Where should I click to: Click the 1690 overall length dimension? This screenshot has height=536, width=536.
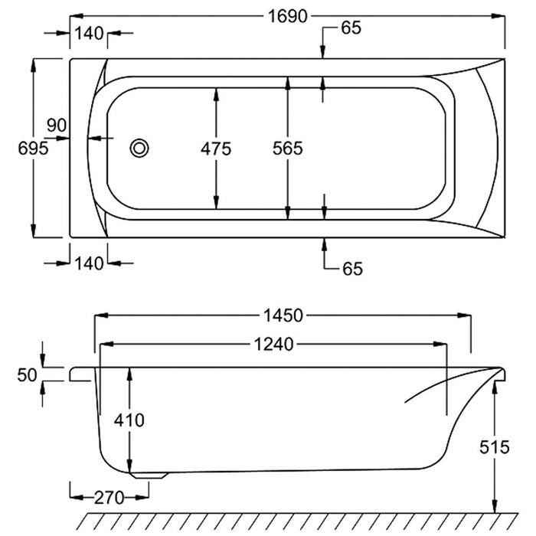(x=288, y=16)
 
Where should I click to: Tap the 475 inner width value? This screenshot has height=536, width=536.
(x=216, y=149)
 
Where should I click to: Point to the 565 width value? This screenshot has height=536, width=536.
(x=287, y=149)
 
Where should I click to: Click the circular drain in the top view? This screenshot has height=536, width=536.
(x=139, y=148)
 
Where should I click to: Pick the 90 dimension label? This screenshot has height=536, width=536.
(x=58, y=125)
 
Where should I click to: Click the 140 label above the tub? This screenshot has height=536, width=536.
(x=89, y=33)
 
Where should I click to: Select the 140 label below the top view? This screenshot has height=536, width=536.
(x=89, y=263)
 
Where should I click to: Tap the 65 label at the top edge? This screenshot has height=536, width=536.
(x=351, y=28)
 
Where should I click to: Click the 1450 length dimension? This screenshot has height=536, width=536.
(x=283, y=315)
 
